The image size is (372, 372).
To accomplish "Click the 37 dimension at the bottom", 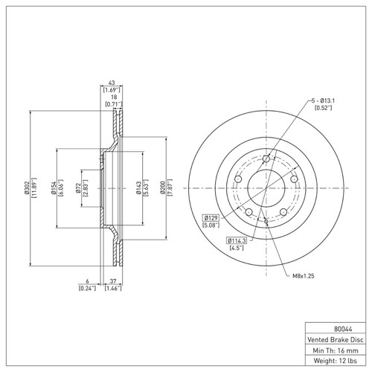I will tap(113, 282).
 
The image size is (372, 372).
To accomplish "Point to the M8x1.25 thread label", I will tap(304, 276).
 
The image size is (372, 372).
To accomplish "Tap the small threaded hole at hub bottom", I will tap(266, 221).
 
